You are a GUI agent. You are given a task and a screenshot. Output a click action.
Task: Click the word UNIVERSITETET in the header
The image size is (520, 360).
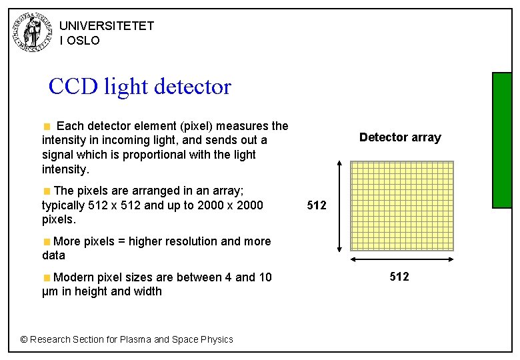click(107, 26)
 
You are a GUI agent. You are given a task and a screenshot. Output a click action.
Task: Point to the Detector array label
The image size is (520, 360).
click(400, 137)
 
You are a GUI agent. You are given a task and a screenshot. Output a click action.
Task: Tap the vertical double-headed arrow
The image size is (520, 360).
click(341, 206)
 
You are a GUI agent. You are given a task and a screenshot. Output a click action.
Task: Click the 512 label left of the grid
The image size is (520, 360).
click(316, 205)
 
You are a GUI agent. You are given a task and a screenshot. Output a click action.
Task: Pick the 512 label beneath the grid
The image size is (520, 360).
click(399, 277)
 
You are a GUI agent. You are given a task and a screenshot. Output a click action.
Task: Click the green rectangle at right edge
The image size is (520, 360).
click(501, 140)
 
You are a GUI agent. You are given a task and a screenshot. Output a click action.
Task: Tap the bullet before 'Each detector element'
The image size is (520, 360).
click(47, 126)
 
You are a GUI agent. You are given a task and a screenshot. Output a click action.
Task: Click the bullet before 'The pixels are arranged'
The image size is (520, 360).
click(47, 191)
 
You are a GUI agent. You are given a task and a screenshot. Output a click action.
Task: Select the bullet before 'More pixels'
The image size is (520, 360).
click(47, 241)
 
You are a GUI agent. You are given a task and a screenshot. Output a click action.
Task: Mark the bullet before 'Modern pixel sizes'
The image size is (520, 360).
click(47, 277)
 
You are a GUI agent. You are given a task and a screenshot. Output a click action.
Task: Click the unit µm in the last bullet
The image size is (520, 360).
click(49, 291)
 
